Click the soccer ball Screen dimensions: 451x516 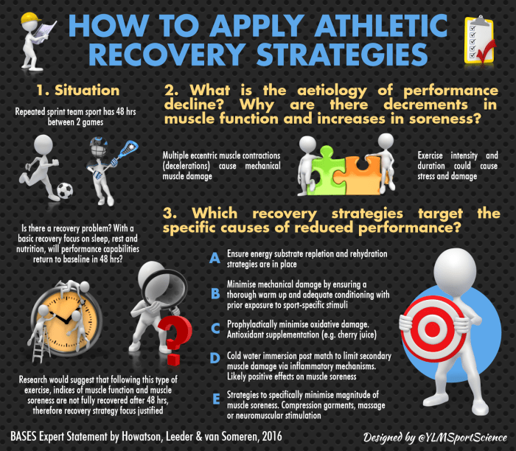(x=65, y=191)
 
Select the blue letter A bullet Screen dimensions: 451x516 (x=215, y=257)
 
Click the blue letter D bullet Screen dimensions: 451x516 (x=215, y=358)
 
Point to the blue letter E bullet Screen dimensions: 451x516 (x=215, y=399)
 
